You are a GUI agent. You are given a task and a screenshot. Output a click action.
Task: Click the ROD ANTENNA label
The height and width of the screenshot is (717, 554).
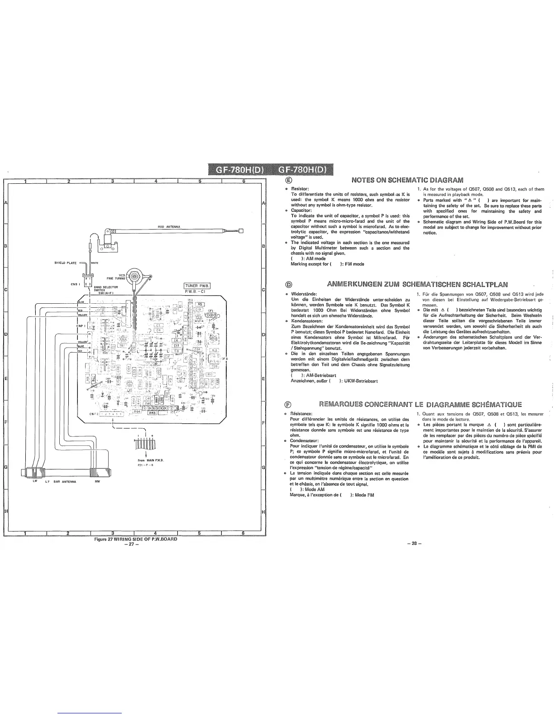pos(169,226)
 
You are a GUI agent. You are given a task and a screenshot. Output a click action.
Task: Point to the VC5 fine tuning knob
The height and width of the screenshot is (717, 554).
pos(134,275)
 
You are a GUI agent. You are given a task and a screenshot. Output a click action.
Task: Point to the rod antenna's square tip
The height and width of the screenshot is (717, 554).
pos(241,231)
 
